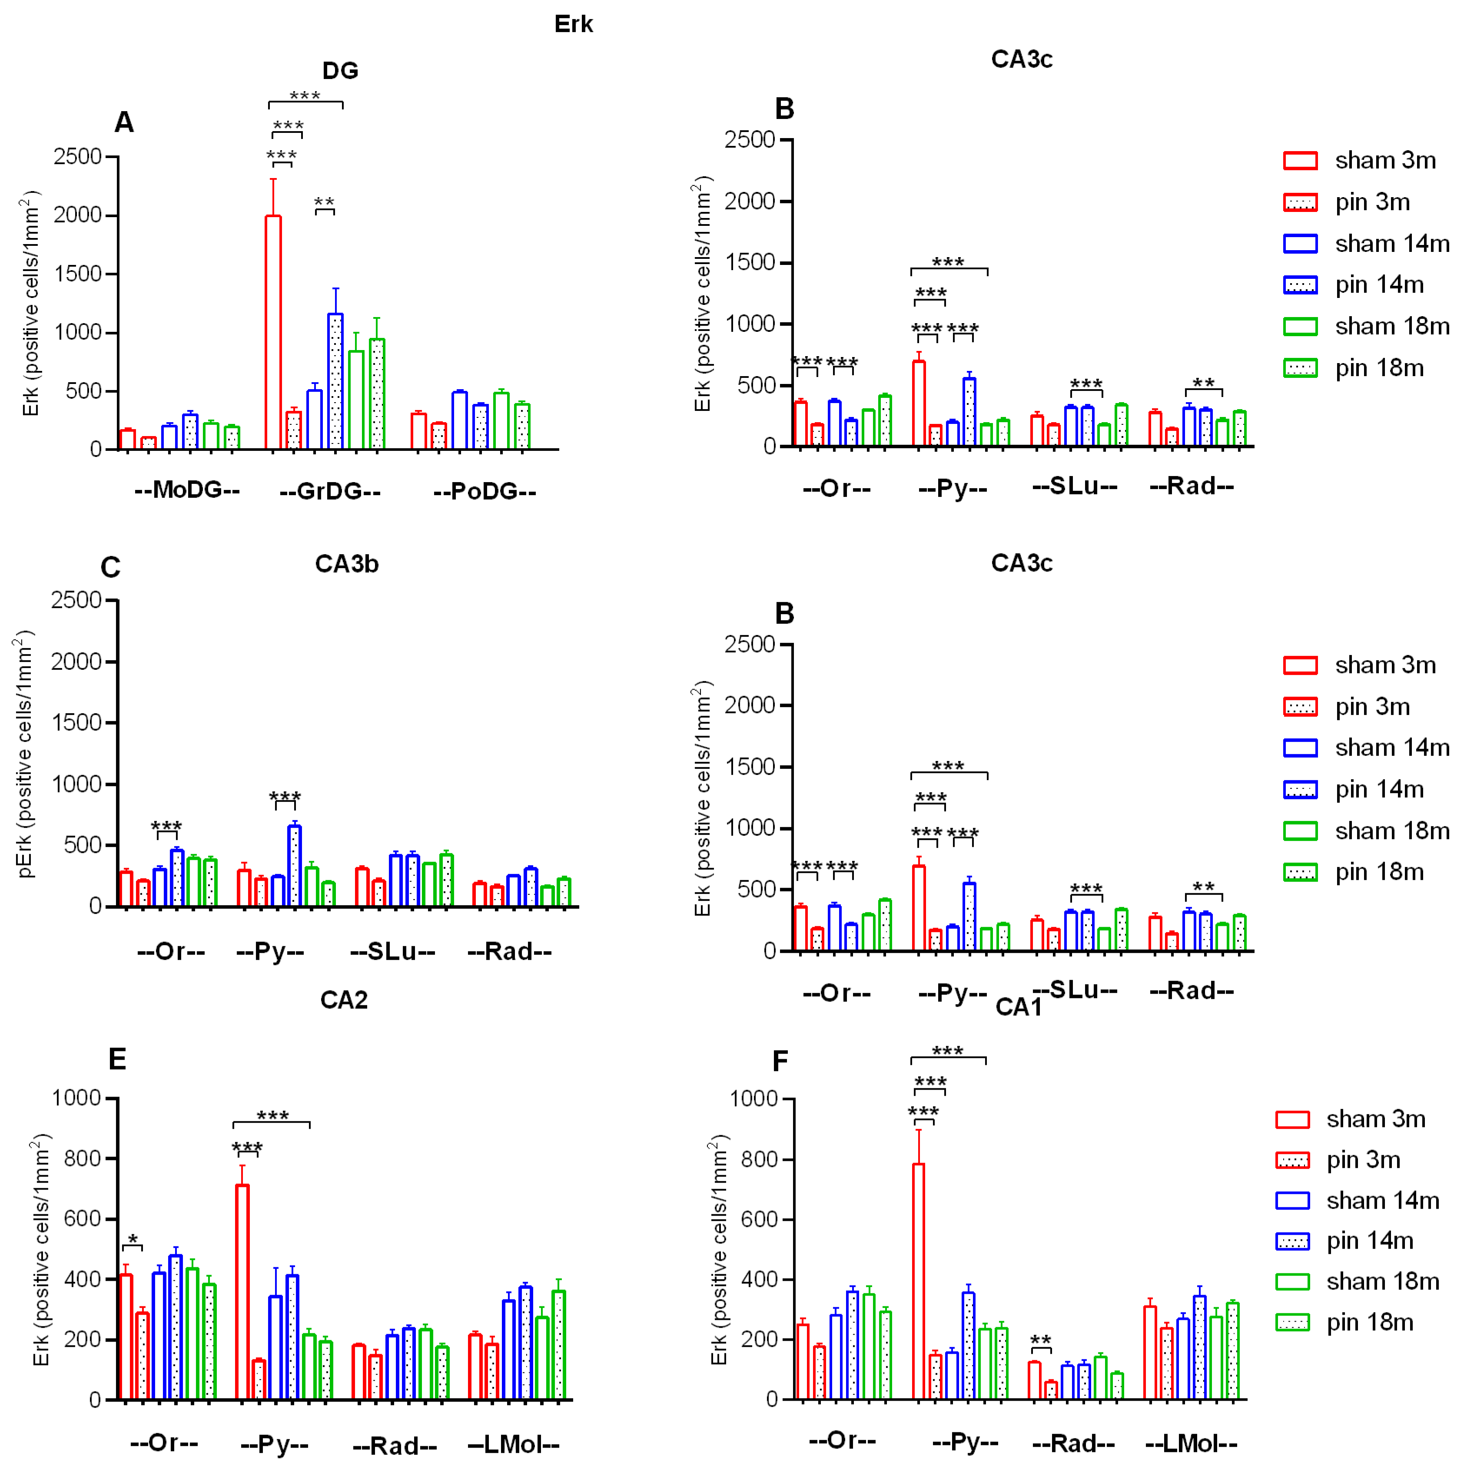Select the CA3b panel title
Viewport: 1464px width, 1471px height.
point(347,564)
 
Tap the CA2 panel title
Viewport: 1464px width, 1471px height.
point(344,1000)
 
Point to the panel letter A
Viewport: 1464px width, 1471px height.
point(124,122)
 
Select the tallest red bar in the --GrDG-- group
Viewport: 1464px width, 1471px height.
point(273,333)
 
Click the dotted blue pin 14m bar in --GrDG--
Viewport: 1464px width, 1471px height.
point(335,381)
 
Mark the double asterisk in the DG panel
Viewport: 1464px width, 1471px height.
point(325,202)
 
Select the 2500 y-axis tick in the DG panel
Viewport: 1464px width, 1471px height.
point(78,157)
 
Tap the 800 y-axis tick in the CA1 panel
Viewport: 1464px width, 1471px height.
point(754,1159)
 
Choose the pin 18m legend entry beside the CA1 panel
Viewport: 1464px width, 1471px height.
point(1345,1322)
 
